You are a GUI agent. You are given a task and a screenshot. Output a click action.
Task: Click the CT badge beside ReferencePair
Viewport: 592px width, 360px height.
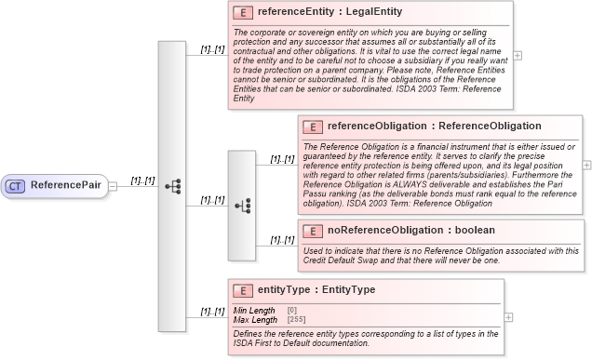16,185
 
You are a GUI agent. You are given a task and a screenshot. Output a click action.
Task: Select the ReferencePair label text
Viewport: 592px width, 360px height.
66,185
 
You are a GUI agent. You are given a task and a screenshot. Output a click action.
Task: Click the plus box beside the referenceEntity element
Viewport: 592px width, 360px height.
518,55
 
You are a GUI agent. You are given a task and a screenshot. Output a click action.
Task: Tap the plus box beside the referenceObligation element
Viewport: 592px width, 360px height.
587,165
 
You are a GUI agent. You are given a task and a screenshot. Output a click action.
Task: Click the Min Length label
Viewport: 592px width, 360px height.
253,310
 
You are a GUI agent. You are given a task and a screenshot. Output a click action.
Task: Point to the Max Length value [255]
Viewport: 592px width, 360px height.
297,320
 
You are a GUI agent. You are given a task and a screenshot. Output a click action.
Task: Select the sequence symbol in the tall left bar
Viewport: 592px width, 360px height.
172,186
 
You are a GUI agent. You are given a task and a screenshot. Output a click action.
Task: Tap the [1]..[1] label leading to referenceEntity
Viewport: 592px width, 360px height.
213,48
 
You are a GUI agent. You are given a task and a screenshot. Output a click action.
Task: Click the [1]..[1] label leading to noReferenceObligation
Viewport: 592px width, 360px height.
282,240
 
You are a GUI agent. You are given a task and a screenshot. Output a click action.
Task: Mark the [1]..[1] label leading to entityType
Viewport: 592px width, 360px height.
213,312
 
